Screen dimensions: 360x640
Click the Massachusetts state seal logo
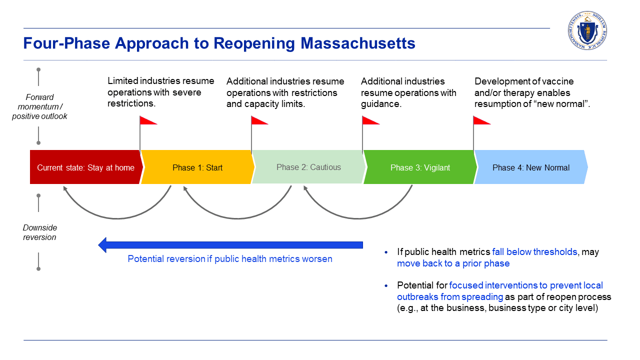(x=587, y=31)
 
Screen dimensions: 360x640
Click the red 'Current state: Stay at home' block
(x=85, y=167)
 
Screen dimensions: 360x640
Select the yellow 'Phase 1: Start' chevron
(x=197, y=167)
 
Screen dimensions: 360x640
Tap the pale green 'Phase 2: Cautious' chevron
(x=308, y=167)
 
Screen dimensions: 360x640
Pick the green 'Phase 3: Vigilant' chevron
(x=420, y=167)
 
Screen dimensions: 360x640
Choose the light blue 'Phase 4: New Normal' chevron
(x=530, y=167)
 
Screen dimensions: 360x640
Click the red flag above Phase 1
(x=148, y=120)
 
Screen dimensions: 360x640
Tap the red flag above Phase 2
(x=259, y=120)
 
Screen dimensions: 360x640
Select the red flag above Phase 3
(x=370, y=120)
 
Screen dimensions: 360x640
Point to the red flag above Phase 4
(x=481, y=120)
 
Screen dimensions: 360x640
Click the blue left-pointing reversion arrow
(x=230, y=245)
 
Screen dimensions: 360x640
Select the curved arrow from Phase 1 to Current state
(x=117, y=218)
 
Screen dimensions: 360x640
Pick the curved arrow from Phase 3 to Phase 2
(x=358, y=218)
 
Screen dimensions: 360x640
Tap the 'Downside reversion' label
(x=39, y=232)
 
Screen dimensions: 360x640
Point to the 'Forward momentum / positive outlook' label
(x=39, y=106)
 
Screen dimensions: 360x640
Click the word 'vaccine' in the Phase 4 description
(x=558, y=81)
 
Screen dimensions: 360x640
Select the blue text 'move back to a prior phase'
(x=453, y=263)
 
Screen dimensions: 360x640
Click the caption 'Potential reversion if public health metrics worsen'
(x=230, y=259)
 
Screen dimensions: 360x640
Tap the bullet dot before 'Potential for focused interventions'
(x=386, y=285)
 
